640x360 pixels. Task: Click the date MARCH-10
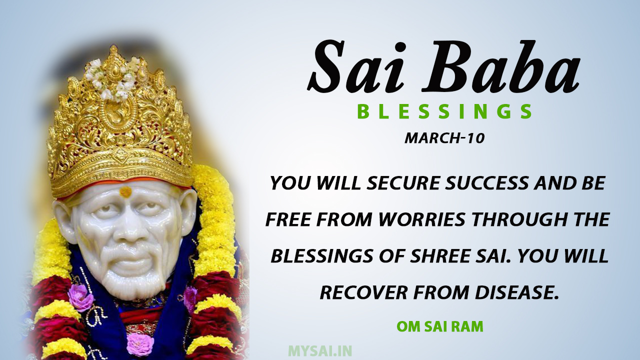coord(444,138)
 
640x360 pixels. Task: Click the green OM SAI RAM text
coord(440,327)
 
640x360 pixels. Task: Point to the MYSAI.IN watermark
coord(320,350)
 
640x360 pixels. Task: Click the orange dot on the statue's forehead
coord(125,191)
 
